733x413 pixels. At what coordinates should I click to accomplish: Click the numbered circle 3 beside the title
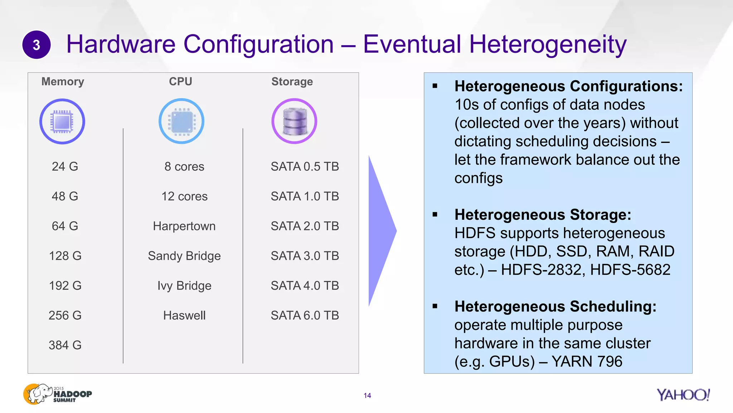37,45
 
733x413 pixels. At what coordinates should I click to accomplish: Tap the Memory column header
63,82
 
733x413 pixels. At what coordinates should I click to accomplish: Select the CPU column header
180,82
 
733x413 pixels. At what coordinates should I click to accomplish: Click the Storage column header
292,82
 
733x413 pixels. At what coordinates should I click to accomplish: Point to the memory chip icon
62,122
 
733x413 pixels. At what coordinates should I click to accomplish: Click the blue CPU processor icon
181,121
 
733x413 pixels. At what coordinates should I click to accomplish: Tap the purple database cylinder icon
294,121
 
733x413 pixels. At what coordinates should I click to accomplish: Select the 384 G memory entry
65,345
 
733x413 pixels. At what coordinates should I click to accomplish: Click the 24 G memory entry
65,166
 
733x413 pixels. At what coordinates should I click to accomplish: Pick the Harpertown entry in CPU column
184,226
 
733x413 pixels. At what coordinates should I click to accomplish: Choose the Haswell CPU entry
184,315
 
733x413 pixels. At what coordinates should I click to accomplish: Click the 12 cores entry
184,196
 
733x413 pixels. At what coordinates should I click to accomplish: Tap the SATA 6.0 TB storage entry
305,315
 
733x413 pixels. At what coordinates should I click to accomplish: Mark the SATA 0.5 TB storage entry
305,166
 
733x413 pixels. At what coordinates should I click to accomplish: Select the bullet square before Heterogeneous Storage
435,215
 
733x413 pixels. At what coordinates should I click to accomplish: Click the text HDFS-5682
630,270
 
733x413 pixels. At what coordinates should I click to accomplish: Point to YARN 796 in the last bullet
587,361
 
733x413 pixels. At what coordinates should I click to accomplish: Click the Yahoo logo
683,395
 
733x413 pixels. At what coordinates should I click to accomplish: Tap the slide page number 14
367,395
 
